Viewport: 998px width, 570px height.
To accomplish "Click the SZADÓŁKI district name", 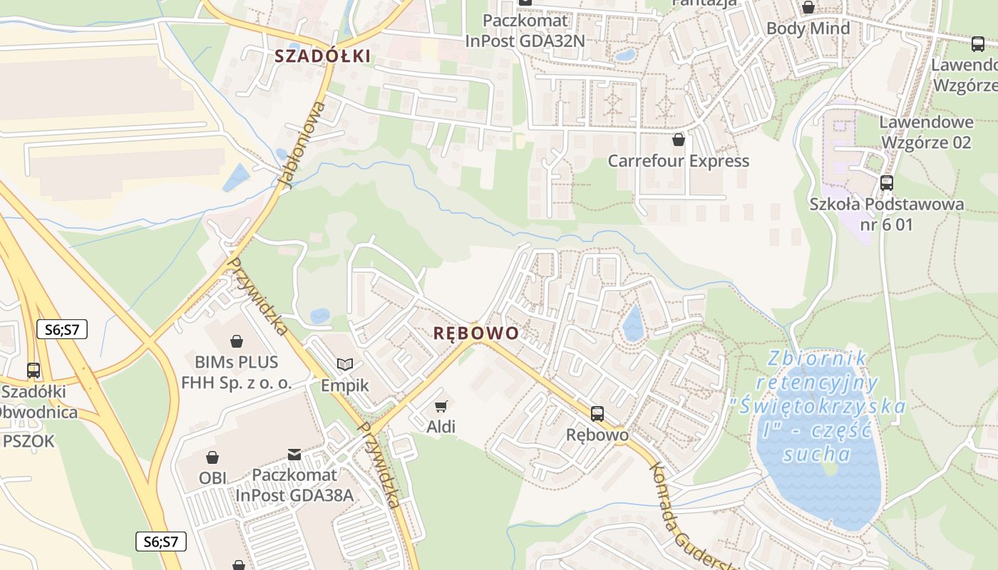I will click(x=323, y=56).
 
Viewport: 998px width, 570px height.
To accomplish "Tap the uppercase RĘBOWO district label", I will click(x=475, y=333).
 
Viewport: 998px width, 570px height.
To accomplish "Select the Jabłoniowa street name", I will click(x=302, y=145).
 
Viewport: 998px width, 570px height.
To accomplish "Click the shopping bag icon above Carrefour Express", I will click(x=678, y=140).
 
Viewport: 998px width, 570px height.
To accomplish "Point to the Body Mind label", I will click(x=808, y=28).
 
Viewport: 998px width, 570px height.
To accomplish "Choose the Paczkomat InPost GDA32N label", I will click(x=525, y=31).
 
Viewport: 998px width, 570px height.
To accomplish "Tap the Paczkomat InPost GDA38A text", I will click(x=294, y=485).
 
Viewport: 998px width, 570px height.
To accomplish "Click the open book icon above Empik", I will click(x=345, y=365).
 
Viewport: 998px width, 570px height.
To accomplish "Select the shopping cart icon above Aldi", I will click(x=441, y=406).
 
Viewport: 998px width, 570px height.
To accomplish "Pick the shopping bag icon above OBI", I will click(x=212, y=457).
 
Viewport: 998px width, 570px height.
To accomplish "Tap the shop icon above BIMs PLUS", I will click(x=237, y=342).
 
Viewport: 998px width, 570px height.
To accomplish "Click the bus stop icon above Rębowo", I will click(x=597, y=413).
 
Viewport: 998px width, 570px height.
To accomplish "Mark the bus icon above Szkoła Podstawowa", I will click(x=886, y=183).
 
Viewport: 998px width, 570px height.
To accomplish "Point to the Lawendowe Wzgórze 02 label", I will click(x=925, y=133).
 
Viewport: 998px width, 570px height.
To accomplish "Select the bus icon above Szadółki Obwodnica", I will click(x=34, y=370).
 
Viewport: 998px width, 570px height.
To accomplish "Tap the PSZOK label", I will click(x=29, y=441).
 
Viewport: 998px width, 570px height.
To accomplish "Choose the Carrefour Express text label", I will click(x=678, y=161).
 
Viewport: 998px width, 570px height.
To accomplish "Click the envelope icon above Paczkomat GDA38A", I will click(x=294, y=454).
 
